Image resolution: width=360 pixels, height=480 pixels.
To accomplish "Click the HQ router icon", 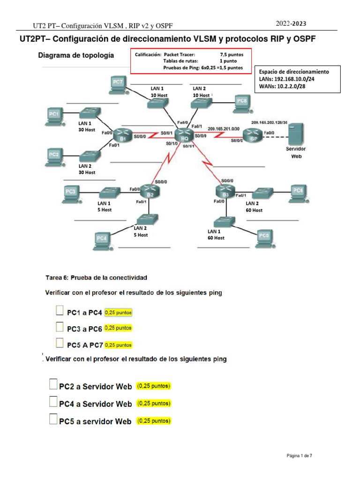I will tap(184, 135).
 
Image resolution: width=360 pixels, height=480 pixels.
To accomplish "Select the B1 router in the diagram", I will tap(123, 136).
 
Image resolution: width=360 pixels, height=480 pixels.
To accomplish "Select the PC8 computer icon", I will tap(241, 103).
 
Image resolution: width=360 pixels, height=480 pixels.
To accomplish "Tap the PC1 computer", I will tap(55, 115).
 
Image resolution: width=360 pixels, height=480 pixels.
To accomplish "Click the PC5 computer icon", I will tap(264, 237).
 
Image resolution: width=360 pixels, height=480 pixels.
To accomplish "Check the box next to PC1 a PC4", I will tap(60, 311).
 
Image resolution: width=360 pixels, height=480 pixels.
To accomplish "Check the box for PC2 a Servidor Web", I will tap(53, 385).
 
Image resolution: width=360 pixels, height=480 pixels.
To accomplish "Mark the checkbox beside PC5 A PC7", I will tap(60, 344).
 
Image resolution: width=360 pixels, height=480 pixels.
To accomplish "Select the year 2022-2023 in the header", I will tap(291, 23).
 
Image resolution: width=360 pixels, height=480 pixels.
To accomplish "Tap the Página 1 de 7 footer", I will tap(299, 456).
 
